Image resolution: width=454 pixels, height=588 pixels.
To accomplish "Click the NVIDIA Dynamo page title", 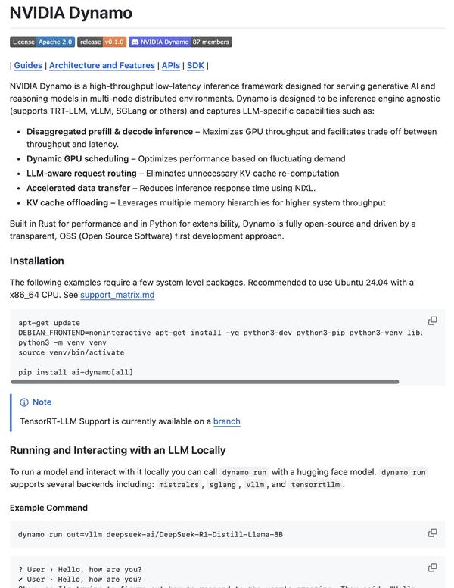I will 71,13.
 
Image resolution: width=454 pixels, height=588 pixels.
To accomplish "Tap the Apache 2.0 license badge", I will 42,42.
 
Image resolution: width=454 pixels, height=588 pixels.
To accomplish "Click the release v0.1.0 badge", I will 101,42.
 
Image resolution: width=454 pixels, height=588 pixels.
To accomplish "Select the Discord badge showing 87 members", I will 180,42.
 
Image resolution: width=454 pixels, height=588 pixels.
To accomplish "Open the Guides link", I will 28,66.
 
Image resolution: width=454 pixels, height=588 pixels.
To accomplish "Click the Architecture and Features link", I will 102,66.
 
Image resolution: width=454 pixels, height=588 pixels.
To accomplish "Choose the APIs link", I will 171,66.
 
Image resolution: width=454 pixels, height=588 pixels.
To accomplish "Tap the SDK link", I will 195,66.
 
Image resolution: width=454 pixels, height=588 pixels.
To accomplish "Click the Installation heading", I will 37,261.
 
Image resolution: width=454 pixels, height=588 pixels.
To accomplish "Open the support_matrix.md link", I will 117,295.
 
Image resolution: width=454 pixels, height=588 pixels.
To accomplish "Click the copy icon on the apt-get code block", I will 433,321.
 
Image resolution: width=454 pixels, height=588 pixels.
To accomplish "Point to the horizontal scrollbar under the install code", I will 204,382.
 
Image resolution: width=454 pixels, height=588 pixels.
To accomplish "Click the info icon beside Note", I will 24,402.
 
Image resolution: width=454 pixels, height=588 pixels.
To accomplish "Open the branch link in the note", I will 227,421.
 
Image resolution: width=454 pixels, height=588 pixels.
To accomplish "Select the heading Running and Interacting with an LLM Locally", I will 118,450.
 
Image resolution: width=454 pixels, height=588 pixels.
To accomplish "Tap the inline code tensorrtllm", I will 316,485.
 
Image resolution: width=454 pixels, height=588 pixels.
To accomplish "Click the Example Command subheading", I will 48,508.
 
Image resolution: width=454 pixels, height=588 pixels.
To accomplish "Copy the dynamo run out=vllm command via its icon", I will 433,533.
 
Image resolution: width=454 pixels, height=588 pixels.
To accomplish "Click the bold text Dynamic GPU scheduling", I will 77,158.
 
